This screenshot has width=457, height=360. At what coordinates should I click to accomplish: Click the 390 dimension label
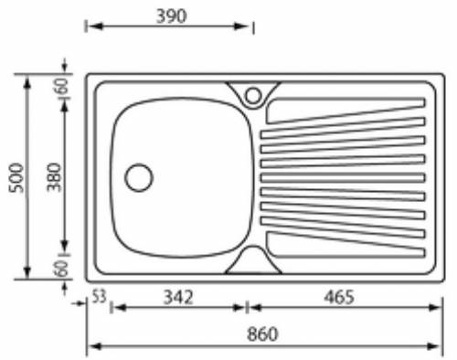pyautogui.click(x=171, y=16)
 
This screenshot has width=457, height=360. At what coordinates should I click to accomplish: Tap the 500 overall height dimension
pyautogui.click(x=16, y=178)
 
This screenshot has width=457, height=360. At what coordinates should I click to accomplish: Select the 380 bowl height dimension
pyautogui.click(x=54, y=177)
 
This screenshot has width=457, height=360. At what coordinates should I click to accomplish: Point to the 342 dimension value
pyautogui.click(x=178, y=297)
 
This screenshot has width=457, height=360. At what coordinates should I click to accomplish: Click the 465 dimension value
pyautogui.click(x=339, y=297)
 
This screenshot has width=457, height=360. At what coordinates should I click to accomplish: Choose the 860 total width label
pyautogui.click(x=262, y=334)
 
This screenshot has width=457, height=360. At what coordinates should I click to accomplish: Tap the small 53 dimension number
pyautogui.click(x=99, y=296)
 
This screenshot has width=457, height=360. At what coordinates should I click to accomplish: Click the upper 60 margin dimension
pyautogui.click(x=62, y=86)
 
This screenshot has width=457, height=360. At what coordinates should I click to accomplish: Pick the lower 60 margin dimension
pyautogui.click(x=61, y=268)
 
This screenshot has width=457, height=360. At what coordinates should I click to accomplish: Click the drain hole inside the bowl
pyautogui.click(x=139, y=177)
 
